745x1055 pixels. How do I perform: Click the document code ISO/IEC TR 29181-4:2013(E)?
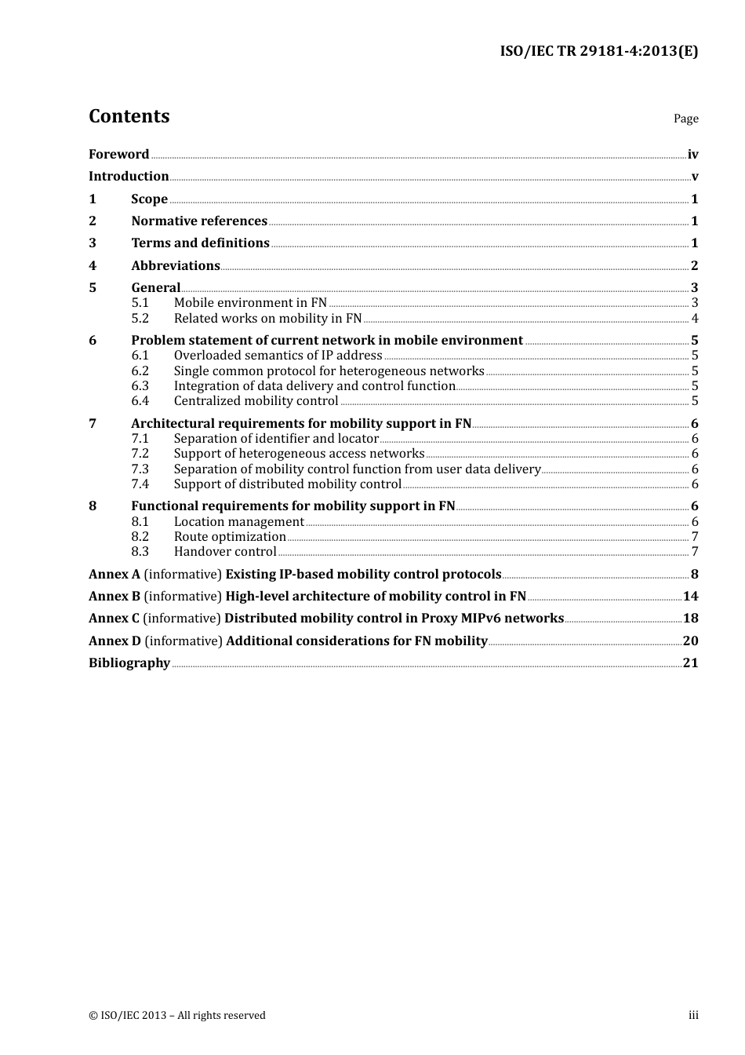click(x=598, y=51)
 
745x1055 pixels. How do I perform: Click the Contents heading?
click(x=129, y=116)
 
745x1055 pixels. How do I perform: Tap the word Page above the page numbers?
click(x=685, y=119)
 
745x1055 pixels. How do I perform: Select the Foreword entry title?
click(x=118, y=154)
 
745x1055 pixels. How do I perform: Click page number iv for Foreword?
click(x=692, y=154)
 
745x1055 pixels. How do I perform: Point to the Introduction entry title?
click(x=129, y=176)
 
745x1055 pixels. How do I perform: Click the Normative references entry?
click(x=199, y=221)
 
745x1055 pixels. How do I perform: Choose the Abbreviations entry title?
click(x=176, y=265)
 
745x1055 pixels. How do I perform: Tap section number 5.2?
click(x=140, y=318)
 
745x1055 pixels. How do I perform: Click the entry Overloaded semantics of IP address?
click(x=278, y=355)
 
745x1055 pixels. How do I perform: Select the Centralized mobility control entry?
click(x=256, y=400)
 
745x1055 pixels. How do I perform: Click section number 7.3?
click(x=140, y=469)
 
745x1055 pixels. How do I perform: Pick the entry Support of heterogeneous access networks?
click(x=299, y=453)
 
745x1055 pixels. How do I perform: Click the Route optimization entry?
click(x=230, y=536)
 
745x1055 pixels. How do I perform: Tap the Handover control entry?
click(x=225, y=551)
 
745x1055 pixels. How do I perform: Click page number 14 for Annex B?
click(x=690, y=596)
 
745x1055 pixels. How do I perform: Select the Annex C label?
click(x=114, y=618)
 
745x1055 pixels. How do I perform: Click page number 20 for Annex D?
click(x=690, y=641)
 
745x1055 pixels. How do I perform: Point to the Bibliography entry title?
click(x=129, y=663)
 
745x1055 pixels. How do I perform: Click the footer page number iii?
click(x=693, y=1015)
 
